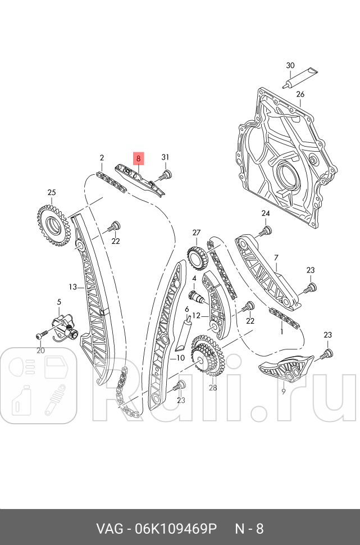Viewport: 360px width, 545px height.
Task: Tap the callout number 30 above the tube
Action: click(290, 66)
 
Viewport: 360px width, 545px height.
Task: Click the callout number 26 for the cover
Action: click(300, 94)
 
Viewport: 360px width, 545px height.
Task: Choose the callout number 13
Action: click(72, 287)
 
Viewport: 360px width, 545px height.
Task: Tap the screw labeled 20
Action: click(39, 335)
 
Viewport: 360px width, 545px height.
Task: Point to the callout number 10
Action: click(180, 357)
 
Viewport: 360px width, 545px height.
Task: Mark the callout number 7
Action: click(276, 258)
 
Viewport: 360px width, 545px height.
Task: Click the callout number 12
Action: click(196, 315)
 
